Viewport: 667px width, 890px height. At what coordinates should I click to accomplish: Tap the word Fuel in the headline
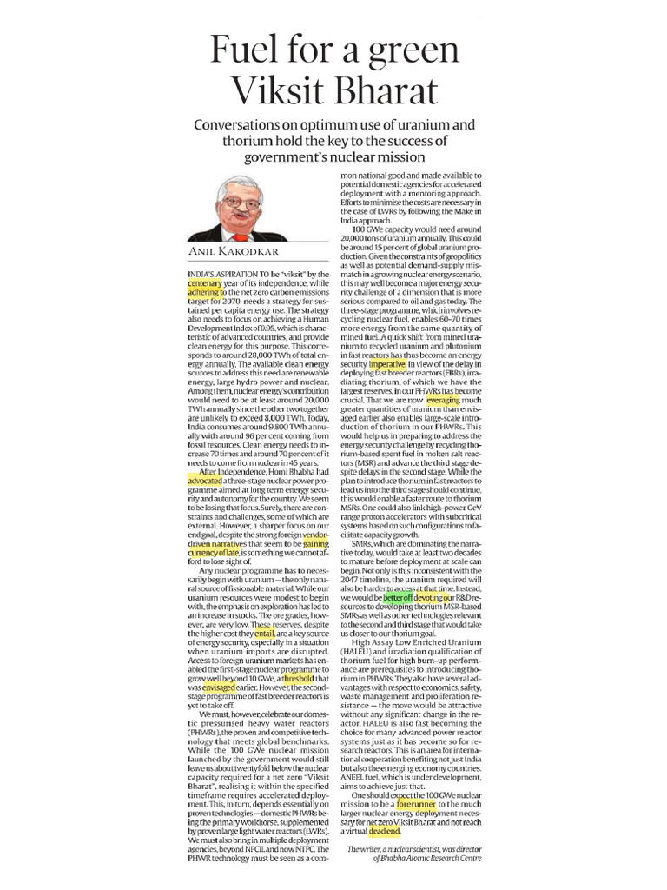click(250, 48)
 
